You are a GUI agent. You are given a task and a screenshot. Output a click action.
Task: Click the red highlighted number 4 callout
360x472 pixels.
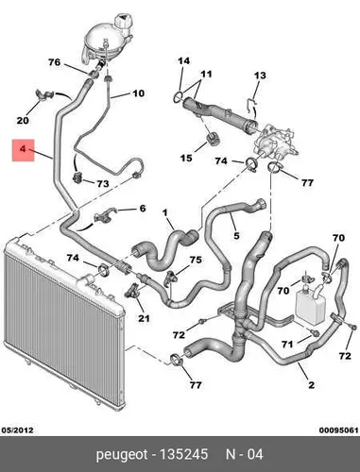coord(23,149)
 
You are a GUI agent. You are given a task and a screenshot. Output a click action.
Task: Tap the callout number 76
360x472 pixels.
coord(54,62)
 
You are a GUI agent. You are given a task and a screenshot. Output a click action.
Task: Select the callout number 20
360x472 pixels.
coord(23,120)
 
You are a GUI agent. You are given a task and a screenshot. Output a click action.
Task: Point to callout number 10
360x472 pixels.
coord(138,93)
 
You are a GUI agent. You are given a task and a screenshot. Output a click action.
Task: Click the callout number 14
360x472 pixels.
coord(183,60)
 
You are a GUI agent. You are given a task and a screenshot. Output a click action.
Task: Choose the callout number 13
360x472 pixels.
coord(260,76)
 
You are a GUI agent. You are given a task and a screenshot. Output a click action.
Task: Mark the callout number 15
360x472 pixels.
coord(186,158)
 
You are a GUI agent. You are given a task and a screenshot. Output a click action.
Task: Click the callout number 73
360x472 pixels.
coord(102,183)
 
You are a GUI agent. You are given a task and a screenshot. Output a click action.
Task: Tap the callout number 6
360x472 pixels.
coord(143,209)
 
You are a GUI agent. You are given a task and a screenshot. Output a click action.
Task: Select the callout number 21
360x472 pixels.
coord(144,318)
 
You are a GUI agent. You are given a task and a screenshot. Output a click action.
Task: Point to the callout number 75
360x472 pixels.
coord(196,260)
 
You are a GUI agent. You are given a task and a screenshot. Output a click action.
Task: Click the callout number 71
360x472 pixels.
coord(287,345)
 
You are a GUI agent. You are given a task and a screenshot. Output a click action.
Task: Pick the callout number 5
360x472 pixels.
coord(236,235)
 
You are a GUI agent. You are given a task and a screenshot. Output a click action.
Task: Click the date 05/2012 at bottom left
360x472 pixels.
coord(18,430)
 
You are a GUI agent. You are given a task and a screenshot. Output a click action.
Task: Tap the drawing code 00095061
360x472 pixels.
coord(339,430)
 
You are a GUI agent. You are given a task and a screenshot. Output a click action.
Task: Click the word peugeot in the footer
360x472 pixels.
coord(122,455)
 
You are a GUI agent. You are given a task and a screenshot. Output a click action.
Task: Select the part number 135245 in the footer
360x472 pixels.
coord(183,454)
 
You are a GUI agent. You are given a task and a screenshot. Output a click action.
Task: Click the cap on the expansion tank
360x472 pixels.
coord(124,22)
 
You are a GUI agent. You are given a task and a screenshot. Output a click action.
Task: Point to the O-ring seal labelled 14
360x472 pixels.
coord(178,97)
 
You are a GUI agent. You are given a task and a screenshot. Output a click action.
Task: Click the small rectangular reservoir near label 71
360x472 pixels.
coord(311,303)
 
